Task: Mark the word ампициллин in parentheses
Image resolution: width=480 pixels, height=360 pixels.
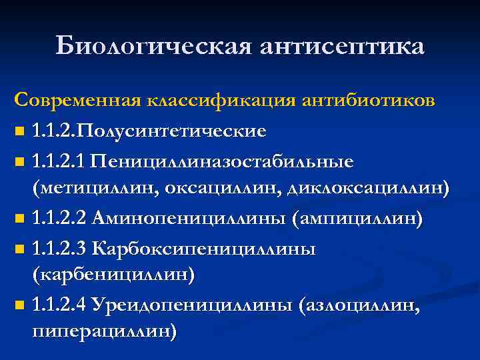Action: pyautogui.click(x=357, y=219)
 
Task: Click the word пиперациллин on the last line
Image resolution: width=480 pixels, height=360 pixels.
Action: pyautogui.click(x=103, y=331)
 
